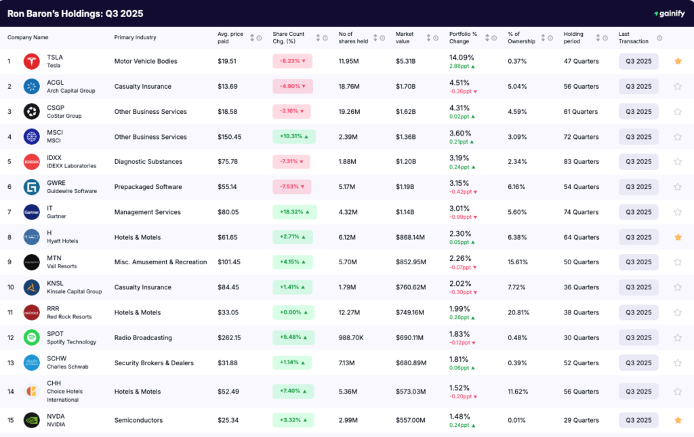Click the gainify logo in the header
668,14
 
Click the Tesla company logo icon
32,61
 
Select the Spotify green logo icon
32,337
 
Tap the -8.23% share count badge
291,61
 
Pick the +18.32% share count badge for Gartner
292,212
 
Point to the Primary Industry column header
135,37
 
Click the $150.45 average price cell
230,137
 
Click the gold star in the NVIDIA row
677,420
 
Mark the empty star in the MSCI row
677,137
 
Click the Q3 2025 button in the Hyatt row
638,237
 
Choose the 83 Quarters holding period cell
581,162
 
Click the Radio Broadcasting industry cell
143,337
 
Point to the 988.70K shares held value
353,337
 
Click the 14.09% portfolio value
462,57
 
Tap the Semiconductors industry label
138,420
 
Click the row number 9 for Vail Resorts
9,262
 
